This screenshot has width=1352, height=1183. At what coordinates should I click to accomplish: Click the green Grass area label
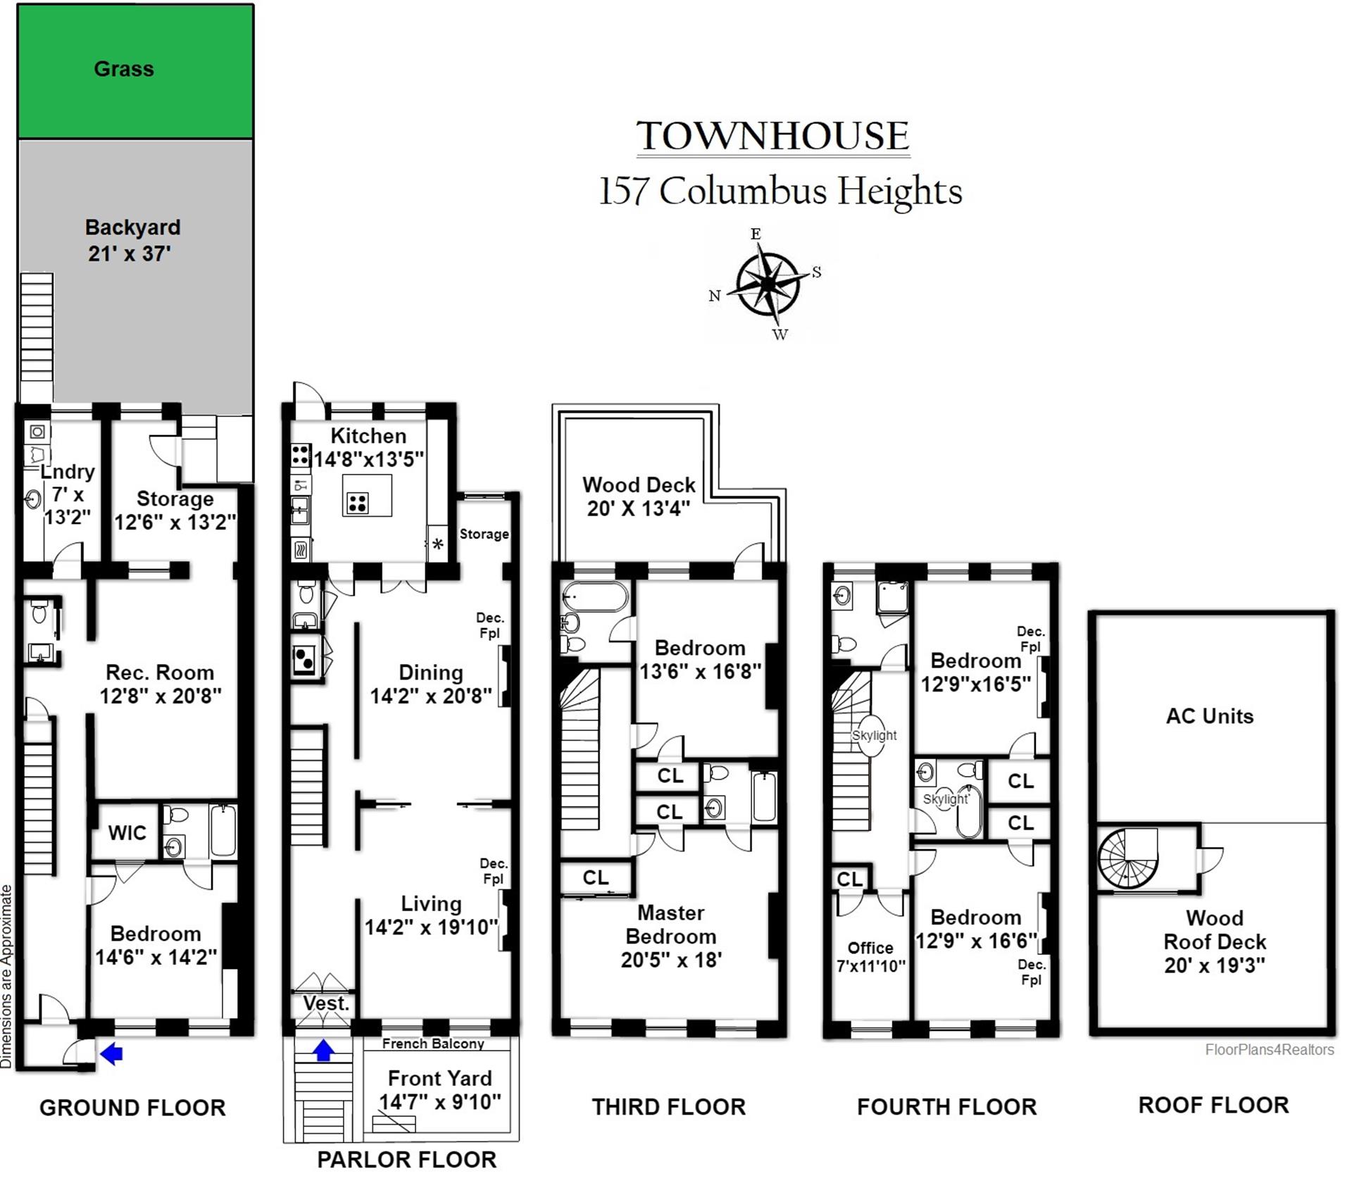click(x=124, y=69)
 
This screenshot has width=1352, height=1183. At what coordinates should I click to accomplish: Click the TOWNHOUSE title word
click(x=773, y=136)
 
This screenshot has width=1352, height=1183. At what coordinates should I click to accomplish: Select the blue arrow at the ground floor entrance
click(x=111, y=1053)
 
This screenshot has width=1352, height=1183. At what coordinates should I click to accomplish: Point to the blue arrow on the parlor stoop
click(x=323, y=1050)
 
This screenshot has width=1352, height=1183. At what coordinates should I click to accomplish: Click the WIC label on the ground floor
click(x=127, y=833)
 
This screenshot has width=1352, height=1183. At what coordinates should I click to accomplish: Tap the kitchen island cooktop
click(x=358, y=503)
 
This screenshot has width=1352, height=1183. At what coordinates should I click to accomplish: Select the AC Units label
click(x=1210, y=716)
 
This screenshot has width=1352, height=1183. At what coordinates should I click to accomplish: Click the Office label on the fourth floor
click(x=870, y=948)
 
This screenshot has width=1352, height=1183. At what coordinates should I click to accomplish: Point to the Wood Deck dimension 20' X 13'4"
click(x=639, y=508)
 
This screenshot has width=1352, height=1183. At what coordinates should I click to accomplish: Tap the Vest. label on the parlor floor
click(x=327, y=1003)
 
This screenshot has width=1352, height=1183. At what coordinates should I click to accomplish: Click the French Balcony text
click(x=433, y=1044)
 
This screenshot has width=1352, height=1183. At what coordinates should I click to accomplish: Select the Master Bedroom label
click(x=671, y=925)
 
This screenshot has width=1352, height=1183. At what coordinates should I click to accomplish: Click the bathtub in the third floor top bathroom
click(x=595, y=596)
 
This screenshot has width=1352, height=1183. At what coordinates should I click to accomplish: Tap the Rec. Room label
click(x=160, y=672)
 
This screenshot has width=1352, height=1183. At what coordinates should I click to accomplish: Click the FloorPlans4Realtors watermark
click(x=1270, y=1050)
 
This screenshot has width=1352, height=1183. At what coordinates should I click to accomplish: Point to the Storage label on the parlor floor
click(x=484, y=534)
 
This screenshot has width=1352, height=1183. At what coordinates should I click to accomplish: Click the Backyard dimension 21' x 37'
click(x=130, y=254)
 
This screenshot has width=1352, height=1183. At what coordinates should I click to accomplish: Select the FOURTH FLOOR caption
click(x=947, y=1107)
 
